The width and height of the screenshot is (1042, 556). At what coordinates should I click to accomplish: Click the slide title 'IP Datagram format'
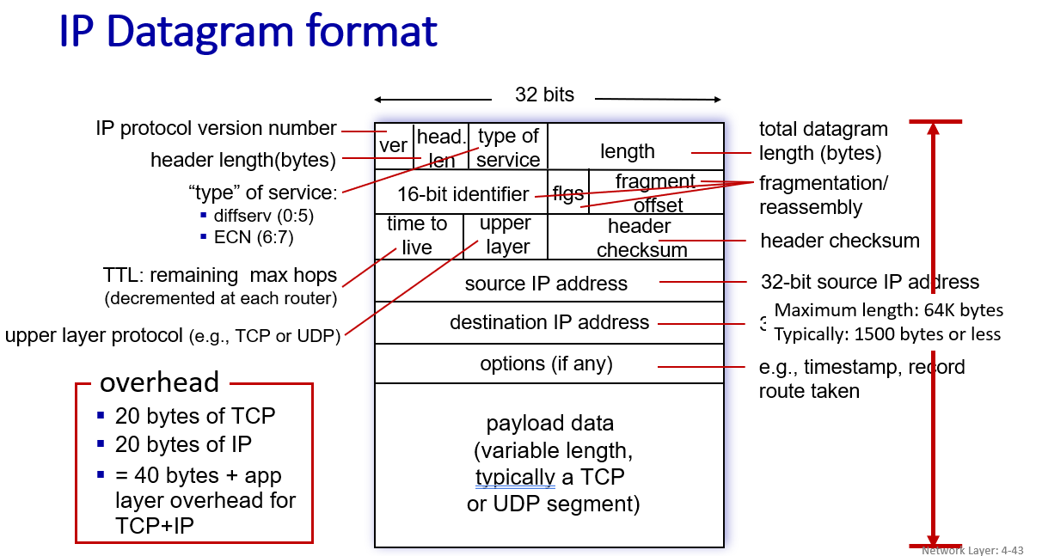(248, 32)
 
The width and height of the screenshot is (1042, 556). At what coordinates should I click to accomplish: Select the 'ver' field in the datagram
(393, 146)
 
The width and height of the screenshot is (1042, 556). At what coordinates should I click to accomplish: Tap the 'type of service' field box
(508, 147)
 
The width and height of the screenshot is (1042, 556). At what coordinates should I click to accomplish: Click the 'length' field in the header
(628, 151)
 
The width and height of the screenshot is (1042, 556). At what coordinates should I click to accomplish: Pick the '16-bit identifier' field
(463, 194)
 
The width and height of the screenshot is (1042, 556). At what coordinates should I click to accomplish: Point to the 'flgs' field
(568, 193)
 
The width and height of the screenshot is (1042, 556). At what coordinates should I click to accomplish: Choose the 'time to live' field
(417, 235)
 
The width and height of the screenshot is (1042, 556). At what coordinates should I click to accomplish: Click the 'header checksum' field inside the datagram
(640, 237)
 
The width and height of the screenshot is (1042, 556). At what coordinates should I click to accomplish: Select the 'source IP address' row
(546, 284)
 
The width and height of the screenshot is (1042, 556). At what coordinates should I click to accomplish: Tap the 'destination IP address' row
(549, 322)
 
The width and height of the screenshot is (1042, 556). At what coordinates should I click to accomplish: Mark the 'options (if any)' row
(546, 364)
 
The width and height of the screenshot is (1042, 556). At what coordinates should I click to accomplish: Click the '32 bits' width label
(544, 95)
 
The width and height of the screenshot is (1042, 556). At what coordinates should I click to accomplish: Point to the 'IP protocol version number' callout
(216, 129)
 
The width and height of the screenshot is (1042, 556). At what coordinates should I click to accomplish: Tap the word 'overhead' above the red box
(160, 382)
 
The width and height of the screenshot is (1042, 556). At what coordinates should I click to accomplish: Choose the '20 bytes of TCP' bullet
(195, 417)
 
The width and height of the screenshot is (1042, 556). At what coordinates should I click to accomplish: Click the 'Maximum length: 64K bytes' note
(889, 310)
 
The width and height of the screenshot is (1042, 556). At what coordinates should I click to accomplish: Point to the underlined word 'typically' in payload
(514, 477)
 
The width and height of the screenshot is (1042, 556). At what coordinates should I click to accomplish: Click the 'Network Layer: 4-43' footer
(972, 550)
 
